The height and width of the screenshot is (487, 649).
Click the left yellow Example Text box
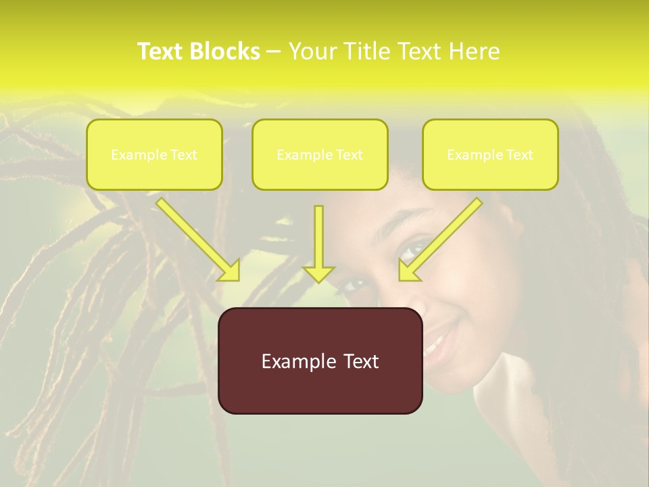point(154,154)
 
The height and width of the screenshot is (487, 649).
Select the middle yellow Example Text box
point(320,154)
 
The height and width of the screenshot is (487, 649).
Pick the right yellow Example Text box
point(490,154)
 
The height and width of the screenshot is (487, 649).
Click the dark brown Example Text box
point(320,361)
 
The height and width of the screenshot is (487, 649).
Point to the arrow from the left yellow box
point(196,237)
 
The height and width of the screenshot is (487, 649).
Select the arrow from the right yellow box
point(443,237)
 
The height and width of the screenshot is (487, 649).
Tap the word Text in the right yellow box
point(520,155)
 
